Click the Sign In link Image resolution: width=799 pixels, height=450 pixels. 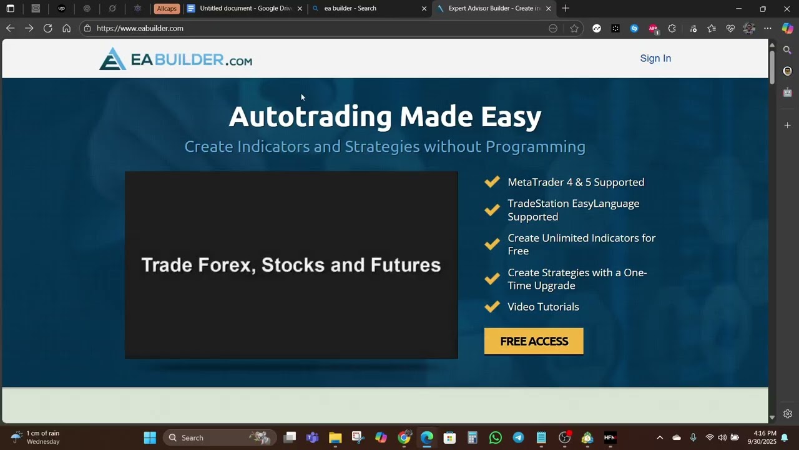coord(655,58)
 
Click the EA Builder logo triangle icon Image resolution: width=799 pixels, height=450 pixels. coord(112,59)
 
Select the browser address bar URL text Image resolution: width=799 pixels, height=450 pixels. coord(140,28)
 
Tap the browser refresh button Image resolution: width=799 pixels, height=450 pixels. coord(47,28)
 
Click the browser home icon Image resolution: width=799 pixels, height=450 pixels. coord(66,28)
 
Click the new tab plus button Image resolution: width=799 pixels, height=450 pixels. coord(566,9)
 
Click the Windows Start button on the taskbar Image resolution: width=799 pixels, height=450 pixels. coord(150,437)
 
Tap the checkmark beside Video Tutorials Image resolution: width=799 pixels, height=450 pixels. coord(492,306)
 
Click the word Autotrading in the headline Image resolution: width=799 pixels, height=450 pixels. coord(310,117)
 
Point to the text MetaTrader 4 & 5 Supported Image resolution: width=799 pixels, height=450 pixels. coord(576,182)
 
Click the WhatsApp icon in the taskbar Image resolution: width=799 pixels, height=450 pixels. coord(496,437)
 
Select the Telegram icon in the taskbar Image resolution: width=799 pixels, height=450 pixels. coord(518,437)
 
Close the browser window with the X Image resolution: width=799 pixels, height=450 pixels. coord(787,9)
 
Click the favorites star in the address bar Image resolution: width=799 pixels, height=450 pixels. coord(574,28)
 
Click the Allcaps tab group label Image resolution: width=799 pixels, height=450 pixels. coord(167,9)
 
